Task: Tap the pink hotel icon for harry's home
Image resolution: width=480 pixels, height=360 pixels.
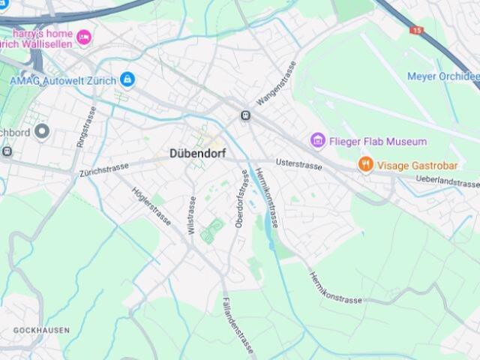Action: click(84, 36)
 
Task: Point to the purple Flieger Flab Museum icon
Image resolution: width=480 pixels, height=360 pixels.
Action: click(318, 141)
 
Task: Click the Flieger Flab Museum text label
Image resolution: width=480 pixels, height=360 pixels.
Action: click(378, 141)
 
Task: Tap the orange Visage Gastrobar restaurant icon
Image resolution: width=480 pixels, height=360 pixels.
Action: click(365, 164)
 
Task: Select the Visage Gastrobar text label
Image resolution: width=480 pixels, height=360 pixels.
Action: click(418, 165)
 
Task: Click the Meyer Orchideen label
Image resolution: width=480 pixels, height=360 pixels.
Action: click(442, 76)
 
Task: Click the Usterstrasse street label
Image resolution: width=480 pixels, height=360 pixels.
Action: click(298, 163)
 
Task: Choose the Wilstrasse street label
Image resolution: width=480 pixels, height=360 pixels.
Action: click(192, 216)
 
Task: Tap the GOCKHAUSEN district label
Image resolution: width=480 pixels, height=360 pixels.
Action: click(41, 330)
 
